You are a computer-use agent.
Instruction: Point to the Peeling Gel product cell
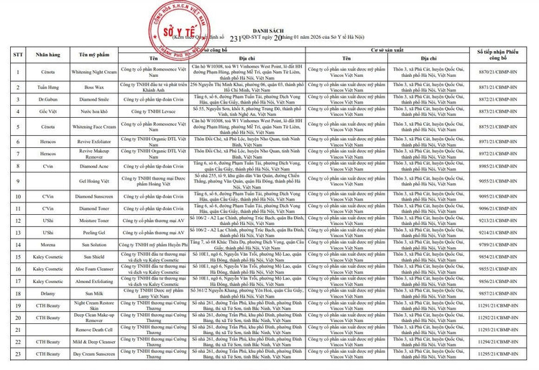tap(94, 233)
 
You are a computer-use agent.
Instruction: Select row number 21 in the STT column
tap(15, 329)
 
